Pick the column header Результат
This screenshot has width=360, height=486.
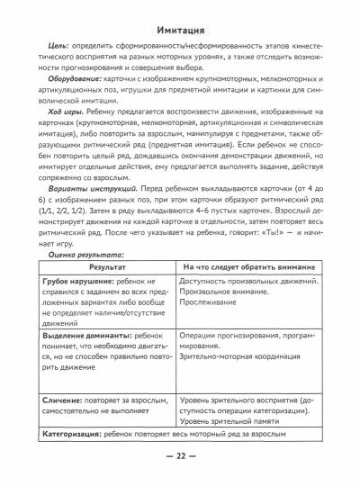coord(106,267)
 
